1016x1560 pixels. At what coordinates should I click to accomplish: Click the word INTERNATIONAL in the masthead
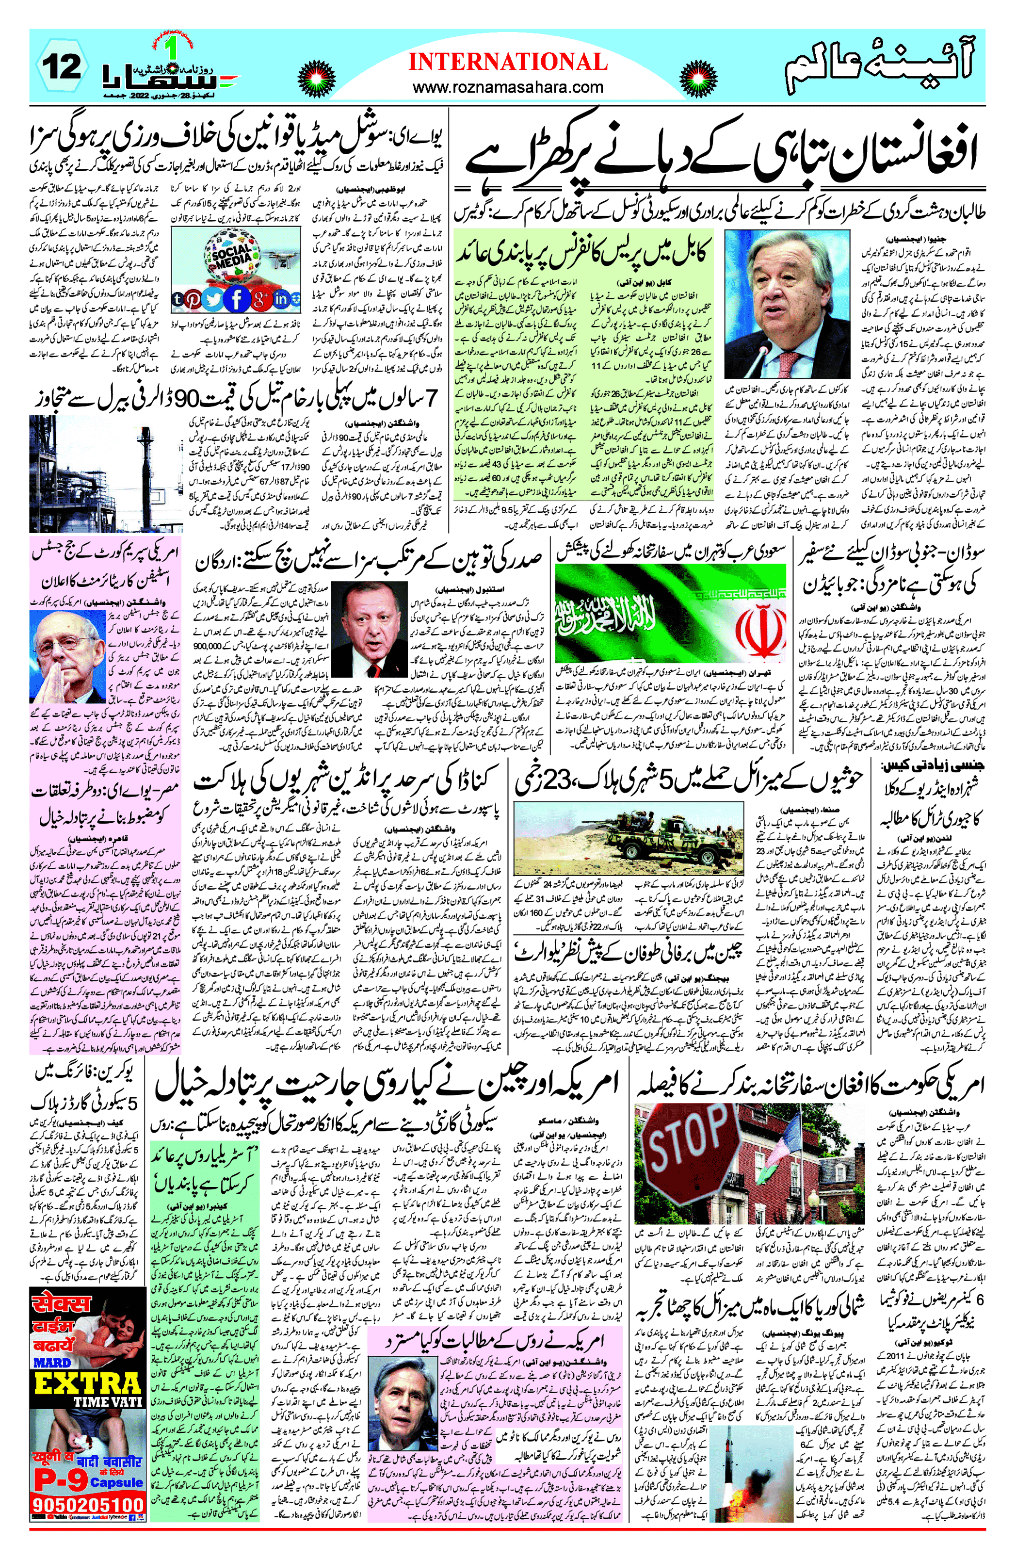coord(508,62)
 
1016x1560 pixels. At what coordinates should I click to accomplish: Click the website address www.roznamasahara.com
coord(508,87)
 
